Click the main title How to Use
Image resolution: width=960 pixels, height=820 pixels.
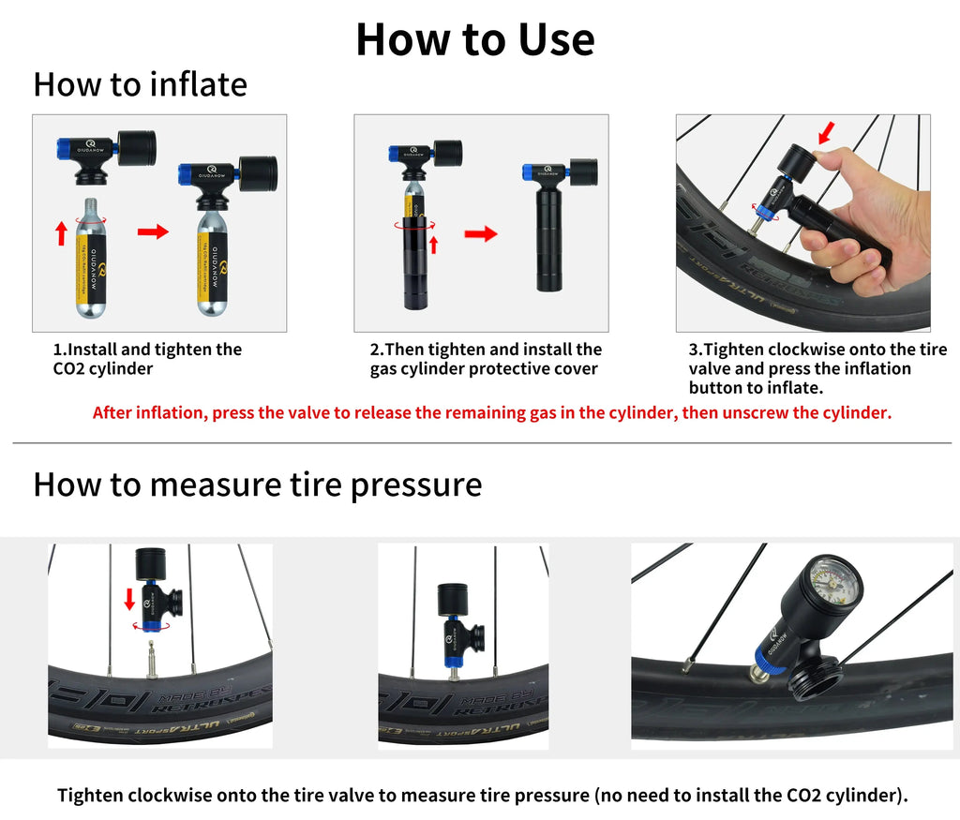474,39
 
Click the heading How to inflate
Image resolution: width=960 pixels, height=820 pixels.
140,84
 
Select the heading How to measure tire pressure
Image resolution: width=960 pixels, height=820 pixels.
257,485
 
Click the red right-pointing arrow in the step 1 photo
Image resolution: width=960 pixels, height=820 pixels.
153,231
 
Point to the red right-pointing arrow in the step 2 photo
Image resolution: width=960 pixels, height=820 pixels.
480,234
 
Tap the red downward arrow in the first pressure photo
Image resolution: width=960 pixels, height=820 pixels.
129,596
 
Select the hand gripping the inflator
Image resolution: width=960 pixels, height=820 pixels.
867,220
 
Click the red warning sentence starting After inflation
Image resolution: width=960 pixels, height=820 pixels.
491,412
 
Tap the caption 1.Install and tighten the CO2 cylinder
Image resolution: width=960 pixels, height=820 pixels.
147,359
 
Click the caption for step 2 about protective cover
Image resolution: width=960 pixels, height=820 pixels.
486,359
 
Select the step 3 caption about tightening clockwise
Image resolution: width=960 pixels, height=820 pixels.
817,368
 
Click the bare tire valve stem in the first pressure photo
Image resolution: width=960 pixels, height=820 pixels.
149,651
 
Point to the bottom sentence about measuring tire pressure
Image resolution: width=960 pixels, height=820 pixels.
482,796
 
